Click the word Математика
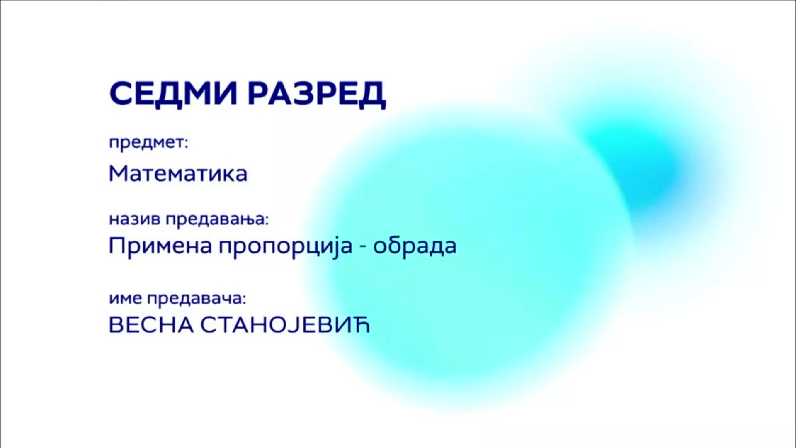(178, 173)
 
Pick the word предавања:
(217, 219)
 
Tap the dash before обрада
(363, 247)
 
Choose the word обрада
(415, 246)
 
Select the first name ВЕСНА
(151, 326)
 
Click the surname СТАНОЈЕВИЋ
(285, 326)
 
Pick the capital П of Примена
(116, 246)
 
